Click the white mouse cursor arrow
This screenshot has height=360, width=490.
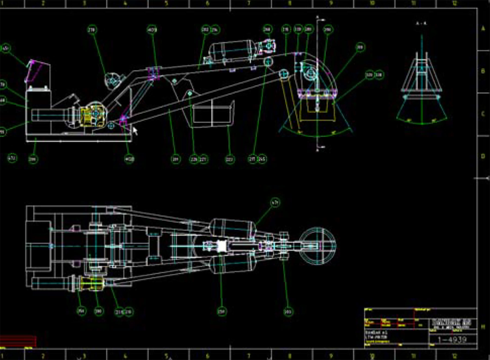(135, 130)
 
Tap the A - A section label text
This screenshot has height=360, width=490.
(421, 23)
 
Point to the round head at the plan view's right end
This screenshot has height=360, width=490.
(318, 245)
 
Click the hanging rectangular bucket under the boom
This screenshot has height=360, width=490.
(213, 114)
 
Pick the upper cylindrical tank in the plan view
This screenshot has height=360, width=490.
(233, 228)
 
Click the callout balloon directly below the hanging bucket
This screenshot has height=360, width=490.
(230, 159)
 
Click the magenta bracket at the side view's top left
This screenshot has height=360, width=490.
(34, 72)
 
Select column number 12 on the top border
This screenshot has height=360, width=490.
(454, 3)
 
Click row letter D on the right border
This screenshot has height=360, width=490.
(483, 156)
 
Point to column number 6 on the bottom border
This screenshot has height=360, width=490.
(208, 356)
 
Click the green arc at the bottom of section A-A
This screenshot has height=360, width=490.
(422, 123)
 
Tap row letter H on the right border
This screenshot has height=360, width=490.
(483, 327)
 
